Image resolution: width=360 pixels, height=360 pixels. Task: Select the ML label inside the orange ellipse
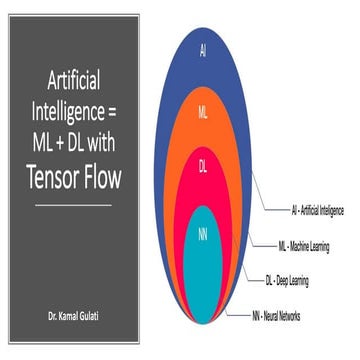click(x=203, y=110)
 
